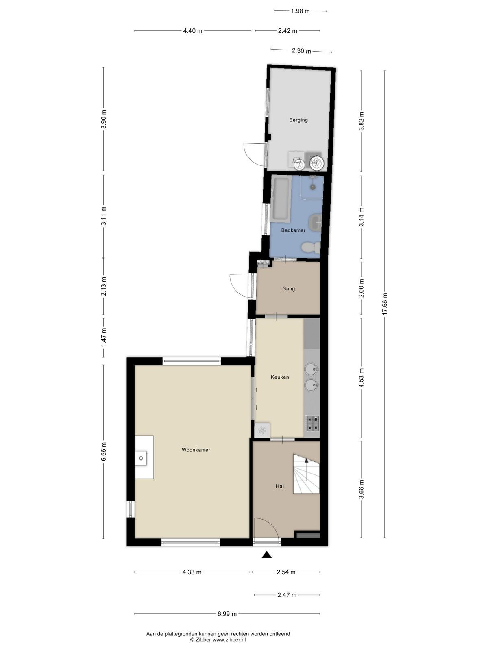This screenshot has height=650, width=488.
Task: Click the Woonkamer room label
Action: (196, 450)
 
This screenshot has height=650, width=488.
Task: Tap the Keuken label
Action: (280, 377)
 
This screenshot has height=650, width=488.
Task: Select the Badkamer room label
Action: (293, 230)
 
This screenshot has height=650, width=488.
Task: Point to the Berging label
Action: (298, 120)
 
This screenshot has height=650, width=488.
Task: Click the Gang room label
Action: (289, 289)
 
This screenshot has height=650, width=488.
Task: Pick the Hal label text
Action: (280, 486)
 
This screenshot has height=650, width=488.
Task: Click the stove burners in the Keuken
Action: (312, 423)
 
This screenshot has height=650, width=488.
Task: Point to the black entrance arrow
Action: (267, 555)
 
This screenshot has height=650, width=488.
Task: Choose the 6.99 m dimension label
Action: (227, 614)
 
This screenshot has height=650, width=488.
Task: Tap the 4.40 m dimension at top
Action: (193, 31)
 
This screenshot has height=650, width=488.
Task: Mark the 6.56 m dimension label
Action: (103, 451)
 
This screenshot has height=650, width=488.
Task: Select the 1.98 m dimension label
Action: (300, 11)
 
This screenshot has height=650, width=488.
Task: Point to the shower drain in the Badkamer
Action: (313, 187)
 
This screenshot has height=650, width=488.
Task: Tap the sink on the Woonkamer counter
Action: (141, 458)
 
